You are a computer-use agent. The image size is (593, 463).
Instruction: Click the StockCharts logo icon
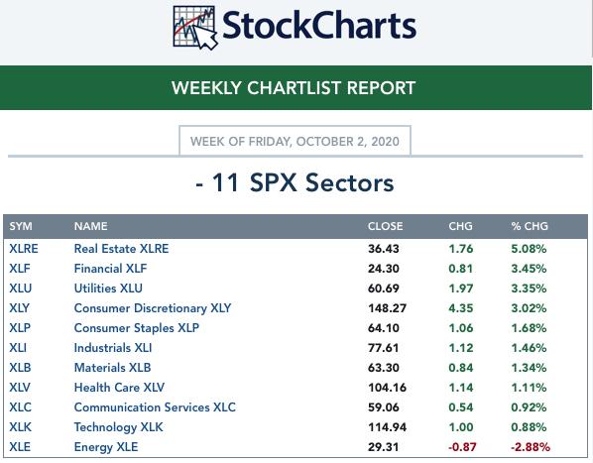(195, 28)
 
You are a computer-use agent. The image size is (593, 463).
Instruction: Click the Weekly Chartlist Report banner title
(294, 88)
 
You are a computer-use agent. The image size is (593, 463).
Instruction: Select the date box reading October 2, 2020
(295, 141)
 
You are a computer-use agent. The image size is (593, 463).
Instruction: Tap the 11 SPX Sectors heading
(295, 183)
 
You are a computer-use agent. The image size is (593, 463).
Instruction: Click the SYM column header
(21, 226)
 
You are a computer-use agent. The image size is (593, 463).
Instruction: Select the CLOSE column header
(385, 226)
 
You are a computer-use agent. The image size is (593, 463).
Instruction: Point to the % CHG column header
(530, 226)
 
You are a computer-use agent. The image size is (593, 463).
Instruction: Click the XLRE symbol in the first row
(24, 249)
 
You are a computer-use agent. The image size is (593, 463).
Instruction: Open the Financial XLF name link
(110, 269)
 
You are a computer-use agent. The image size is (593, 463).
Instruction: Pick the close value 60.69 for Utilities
(384, 289)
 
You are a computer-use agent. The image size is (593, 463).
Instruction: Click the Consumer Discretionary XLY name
(153, 308)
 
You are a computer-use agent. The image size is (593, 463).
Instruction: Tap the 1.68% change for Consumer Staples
(529, 328)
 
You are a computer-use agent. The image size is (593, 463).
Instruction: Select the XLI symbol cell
(18, 348)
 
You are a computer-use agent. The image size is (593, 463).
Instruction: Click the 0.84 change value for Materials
(461, 368)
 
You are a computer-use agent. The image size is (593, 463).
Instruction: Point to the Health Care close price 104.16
(388, 388)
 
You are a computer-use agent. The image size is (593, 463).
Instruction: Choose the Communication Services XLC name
(155, 407)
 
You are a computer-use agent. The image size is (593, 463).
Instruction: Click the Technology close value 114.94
(388, 427)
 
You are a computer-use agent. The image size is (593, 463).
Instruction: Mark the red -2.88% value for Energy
(531, 447)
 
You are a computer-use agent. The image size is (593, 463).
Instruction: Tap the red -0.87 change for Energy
(462, 447)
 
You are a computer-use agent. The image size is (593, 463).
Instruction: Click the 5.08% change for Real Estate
(529, 249)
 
